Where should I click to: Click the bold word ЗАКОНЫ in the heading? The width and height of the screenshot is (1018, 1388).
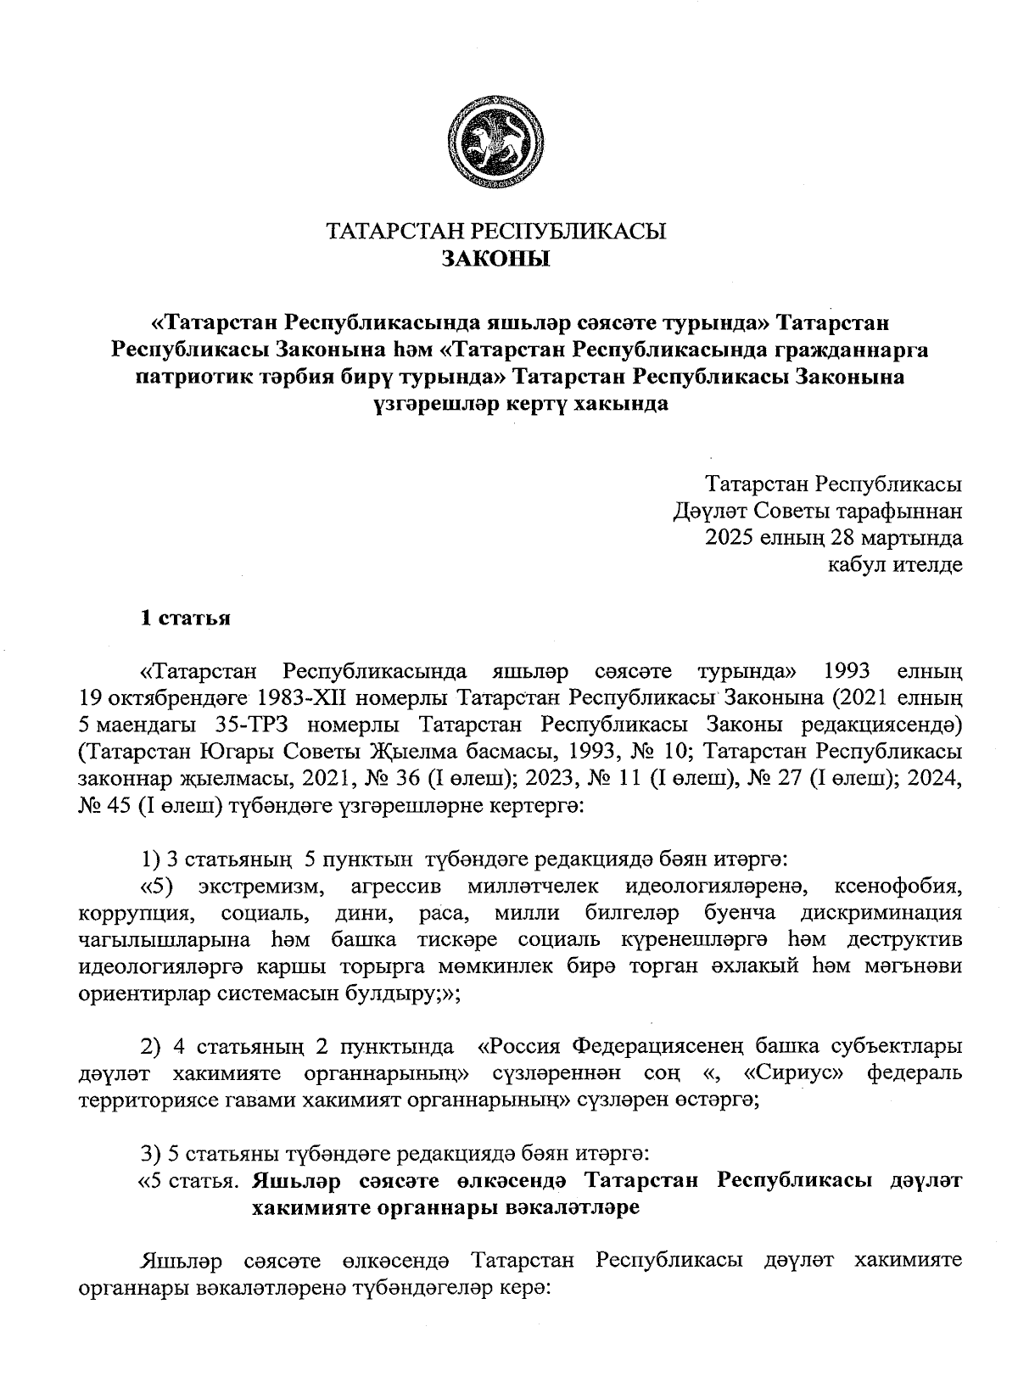pyautogui.click(x=496, y=259)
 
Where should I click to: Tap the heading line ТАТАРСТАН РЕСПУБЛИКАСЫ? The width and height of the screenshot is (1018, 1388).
pyautogui.click(x=496, y=232)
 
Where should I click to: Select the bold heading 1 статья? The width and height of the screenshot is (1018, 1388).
pyautogui.click(x=185, y=618)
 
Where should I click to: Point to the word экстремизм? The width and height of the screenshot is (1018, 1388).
pyautogui.click(x=261, y=887)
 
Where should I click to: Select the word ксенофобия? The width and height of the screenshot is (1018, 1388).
pyautogui.click(x=898, y=887)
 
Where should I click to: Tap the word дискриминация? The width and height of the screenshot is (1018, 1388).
pyautogui.click(x=881, y=915)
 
